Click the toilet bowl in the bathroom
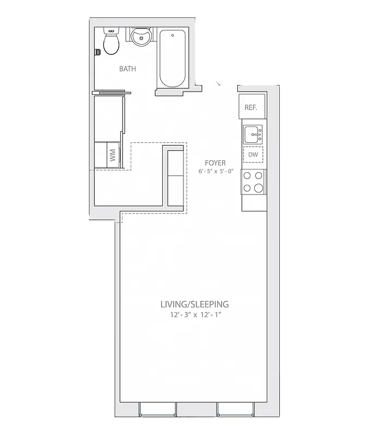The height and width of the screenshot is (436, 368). [x=112, y=45]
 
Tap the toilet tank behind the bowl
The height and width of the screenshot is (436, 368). [x=112, y=31]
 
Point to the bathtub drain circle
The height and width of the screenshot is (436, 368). [x=173, y=36]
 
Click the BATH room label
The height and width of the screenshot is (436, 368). [x=127, y=69]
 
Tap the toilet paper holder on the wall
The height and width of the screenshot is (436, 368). [x=97, y=52]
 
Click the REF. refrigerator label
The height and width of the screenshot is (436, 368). [x=251, y=107]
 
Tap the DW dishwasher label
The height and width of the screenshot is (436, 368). [x=253, y=155]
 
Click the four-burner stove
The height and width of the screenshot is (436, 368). [x=253, y=182]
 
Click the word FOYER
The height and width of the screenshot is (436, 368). [x=215, y=163]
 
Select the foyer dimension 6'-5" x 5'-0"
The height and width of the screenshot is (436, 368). [x=215, y=172]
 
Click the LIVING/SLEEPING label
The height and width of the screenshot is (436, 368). [x=194, y=304]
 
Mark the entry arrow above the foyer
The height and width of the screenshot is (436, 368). [x=219, y=83]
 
